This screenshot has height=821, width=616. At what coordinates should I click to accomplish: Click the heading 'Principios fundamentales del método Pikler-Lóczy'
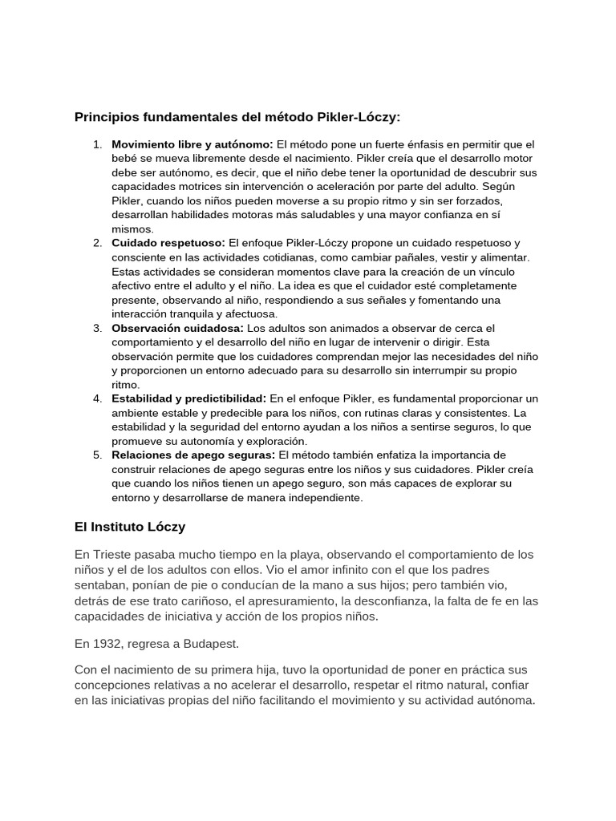(x=237, y=117)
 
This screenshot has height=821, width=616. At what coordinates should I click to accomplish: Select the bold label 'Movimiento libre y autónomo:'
(x=192, y=144)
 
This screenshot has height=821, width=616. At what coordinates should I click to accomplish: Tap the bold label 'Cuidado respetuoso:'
(x=168, y=243)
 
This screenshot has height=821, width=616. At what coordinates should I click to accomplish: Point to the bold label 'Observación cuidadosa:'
(x=177, y=328)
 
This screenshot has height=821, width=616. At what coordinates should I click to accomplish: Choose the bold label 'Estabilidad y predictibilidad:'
(x=188, y=398)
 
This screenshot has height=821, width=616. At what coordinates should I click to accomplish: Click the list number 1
(x=96, y=144)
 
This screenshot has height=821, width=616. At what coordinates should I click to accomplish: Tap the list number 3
(x=96, y=328)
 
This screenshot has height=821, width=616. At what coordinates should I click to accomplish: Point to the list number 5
(x=96, y=455)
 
